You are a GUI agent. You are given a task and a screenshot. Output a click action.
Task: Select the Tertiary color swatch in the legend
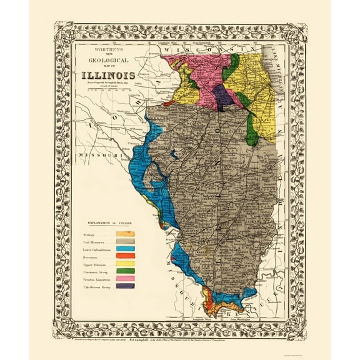click(125, 234)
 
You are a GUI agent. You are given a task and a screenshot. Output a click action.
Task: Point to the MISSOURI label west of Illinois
click(94, 154)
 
